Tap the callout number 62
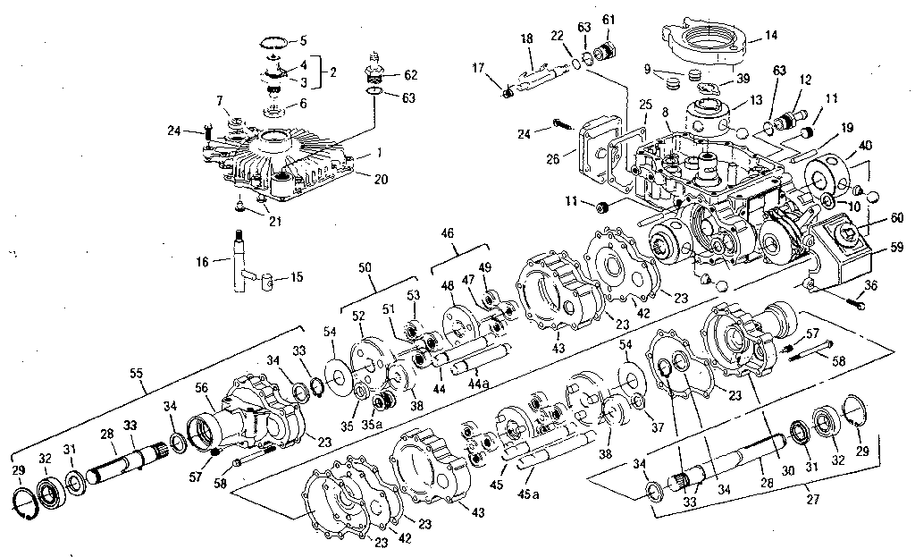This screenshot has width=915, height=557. pos(410,74)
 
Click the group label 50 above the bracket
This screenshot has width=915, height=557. pos(365,267)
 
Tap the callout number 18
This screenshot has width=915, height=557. pos(526,39)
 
